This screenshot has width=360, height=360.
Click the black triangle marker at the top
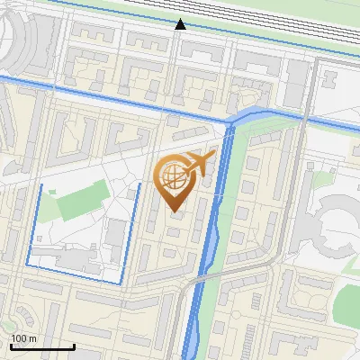point(180,24)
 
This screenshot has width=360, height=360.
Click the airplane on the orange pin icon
point(200,163)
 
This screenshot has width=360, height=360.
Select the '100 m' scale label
point(23,338)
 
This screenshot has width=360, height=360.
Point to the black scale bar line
point(42,346)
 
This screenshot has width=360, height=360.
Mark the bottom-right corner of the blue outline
point(121,283)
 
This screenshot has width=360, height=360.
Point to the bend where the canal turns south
point(232,121)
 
